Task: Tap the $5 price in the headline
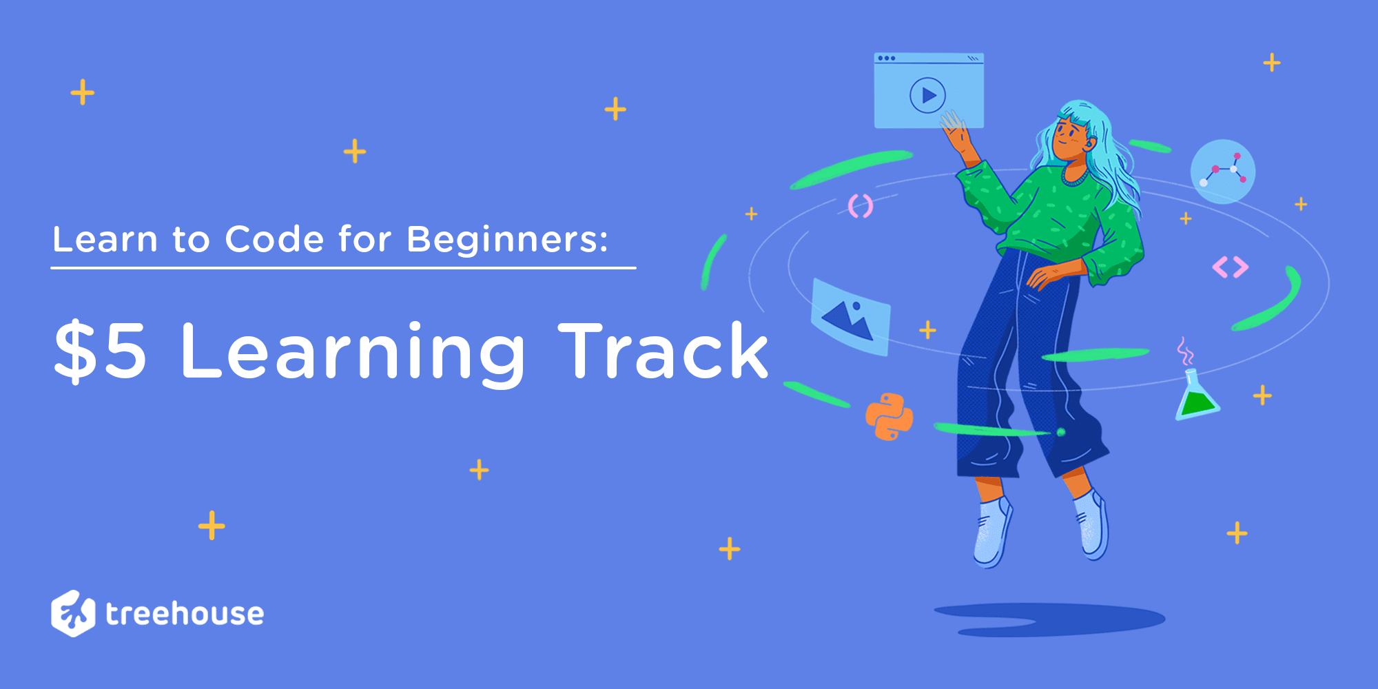101,351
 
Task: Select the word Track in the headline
664,351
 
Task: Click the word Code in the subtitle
274,239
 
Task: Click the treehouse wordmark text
185,613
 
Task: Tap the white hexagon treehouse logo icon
73,613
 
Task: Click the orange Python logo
889,417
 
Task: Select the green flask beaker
1197,394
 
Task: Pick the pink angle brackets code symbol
1231,267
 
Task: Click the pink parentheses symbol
861,206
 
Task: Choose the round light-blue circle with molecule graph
1223,172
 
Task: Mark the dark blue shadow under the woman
1049,619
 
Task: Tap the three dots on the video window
887,59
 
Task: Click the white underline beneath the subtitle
343,267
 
